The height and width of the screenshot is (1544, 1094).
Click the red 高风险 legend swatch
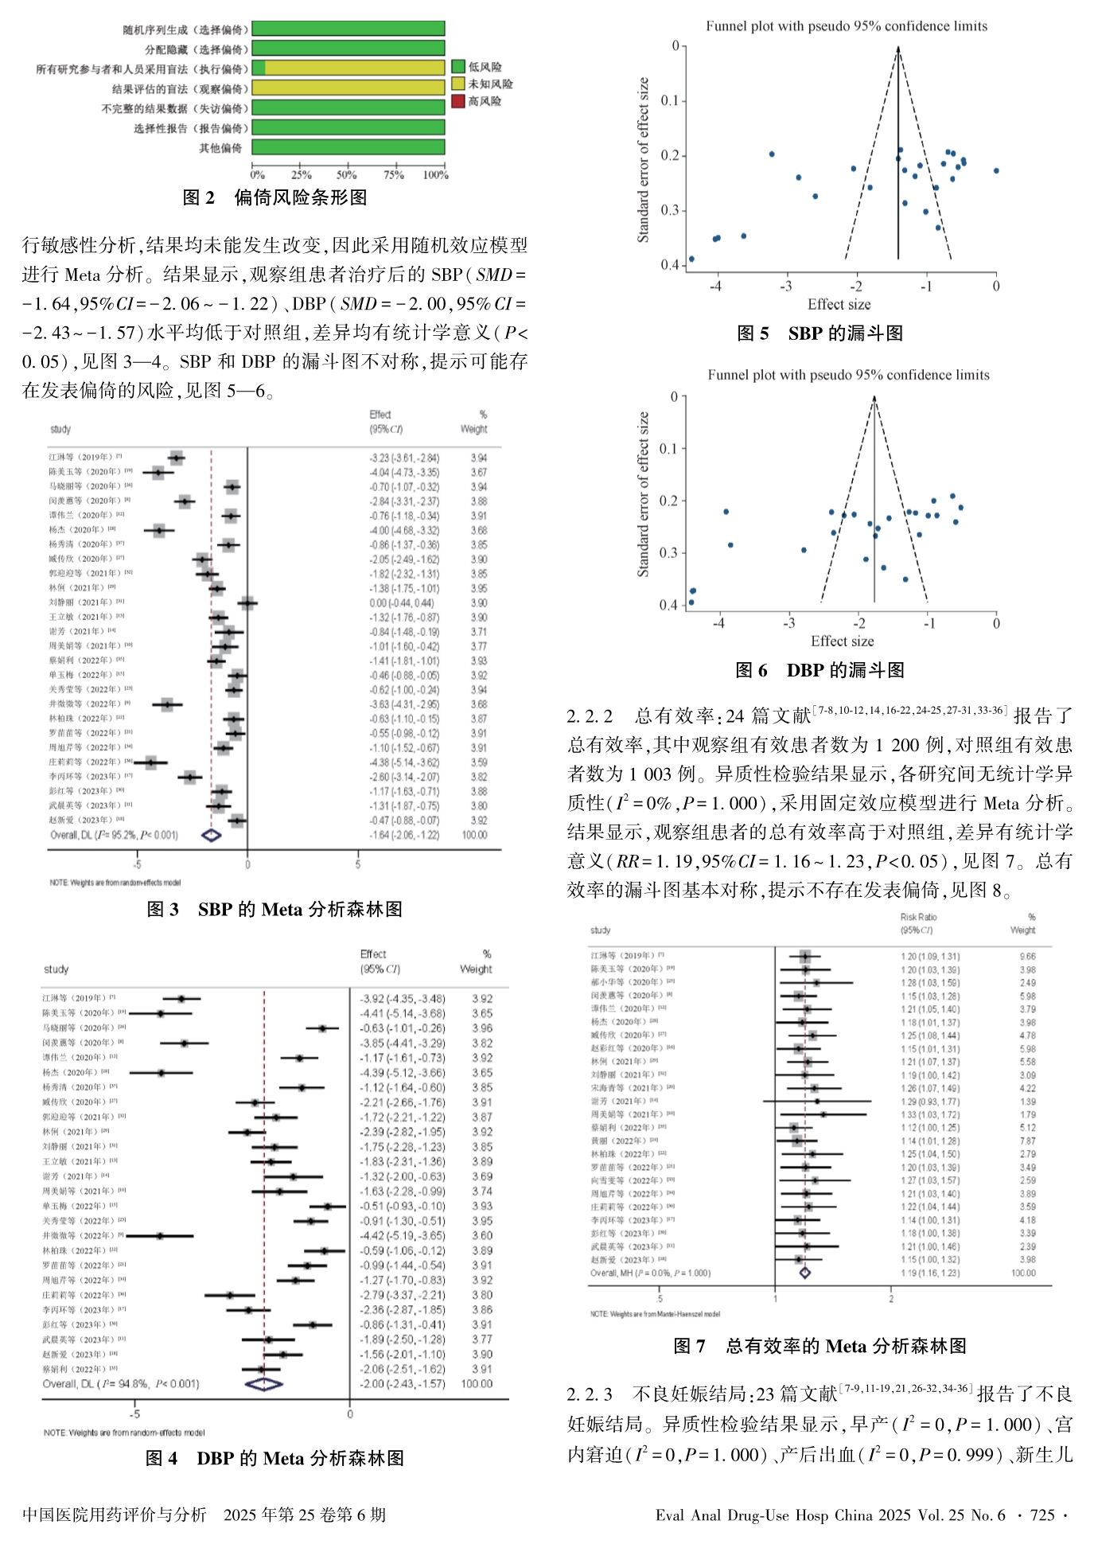[458, 101]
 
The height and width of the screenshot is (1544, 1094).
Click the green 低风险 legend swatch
[458, 67]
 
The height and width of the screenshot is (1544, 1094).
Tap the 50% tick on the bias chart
[346, 174]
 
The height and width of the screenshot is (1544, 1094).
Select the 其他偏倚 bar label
[220, 148]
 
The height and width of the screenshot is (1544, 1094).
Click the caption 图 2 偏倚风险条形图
[274, 197]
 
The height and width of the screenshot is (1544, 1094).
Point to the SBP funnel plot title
[847, 26]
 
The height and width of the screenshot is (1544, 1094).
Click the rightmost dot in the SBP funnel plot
[996, 170]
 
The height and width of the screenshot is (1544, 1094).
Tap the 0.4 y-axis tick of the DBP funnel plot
[669, 605]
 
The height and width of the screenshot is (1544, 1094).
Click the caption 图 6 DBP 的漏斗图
[820, 670]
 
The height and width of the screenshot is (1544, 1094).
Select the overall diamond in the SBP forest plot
[211, 835]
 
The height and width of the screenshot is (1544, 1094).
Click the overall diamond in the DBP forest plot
[264, 1383]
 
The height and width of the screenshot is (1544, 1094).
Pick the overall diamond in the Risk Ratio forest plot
[804, 1273]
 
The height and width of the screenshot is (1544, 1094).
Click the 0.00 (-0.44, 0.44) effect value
[403, 602]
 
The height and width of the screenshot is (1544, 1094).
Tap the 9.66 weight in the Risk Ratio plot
[1027, 957]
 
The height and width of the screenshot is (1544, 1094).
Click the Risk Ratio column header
[918, 917]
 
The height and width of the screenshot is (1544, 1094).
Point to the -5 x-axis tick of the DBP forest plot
[135, 1413]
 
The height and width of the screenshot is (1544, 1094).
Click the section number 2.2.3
[590, 1394]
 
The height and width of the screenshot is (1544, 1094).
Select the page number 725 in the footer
[1041, 1515]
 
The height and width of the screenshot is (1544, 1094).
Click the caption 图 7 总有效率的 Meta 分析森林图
[820, 1346]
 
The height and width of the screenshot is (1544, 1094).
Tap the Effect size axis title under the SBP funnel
[839, 304]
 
